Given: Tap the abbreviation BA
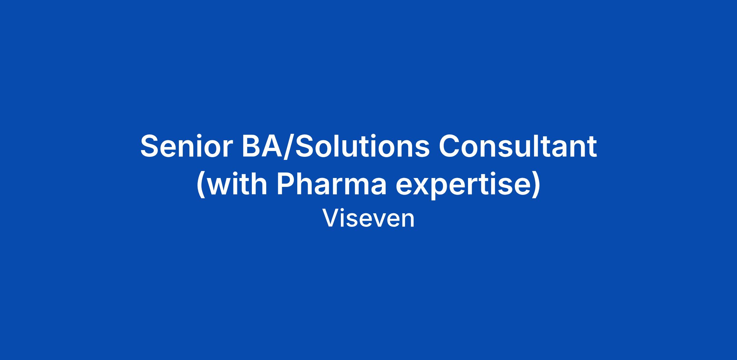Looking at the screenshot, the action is pyautogui.click(x=262, y=146).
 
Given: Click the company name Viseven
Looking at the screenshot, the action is pyautogui.click(x=368, y=219).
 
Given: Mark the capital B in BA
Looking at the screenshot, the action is pyautogui.click(x=251, y=146).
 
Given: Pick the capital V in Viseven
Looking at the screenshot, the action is pyautogui.click(x=330, y=219).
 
